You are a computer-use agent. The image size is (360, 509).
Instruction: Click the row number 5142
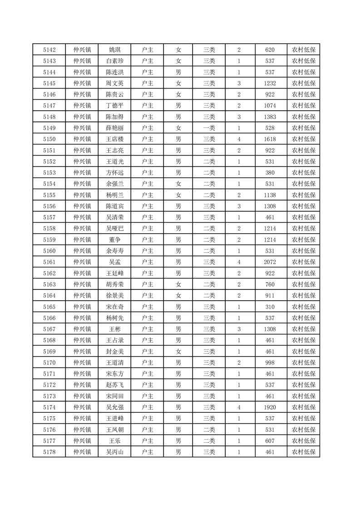click(49, 50)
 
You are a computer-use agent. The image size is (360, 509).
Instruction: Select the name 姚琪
click(114, 50)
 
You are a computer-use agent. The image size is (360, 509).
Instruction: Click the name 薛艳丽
click(114, 128)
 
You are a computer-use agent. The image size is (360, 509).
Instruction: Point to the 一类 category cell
click(209, 128)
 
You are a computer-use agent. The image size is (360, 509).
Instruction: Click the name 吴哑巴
click(114, 229)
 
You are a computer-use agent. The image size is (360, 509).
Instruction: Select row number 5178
click(49, 452)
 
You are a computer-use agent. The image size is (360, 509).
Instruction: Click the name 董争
click(114, 240)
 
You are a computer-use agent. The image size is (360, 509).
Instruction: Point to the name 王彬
click(114, 329)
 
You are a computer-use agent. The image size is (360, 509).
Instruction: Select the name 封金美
click(114, 352)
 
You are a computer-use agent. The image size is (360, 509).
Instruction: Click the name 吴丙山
click(114, 452)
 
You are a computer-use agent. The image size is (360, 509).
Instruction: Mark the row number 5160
click(49, 251)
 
